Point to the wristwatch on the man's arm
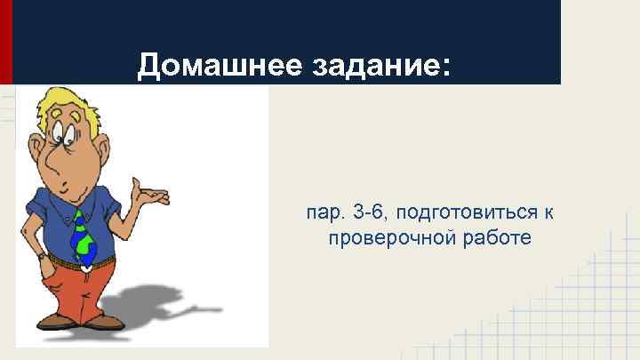click(42, 255)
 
